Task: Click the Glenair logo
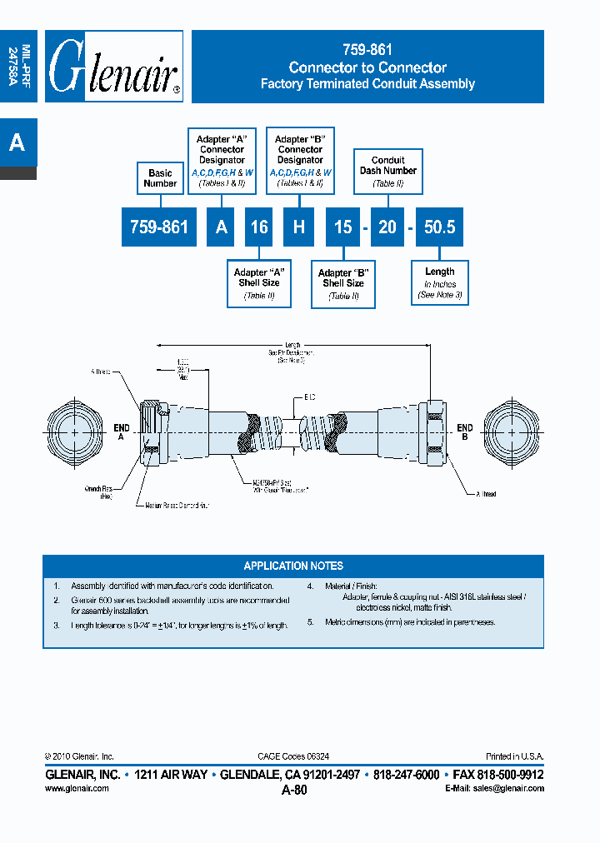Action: pos(114,67)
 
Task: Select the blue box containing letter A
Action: pos(221,227)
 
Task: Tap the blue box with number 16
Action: pos(260,227)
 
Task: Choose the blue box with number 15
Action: pos(343,227)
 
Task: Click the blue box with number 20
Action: pos(387,227)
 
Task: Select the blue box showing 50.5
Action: pos(439,227)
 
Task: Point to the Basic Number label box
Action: pos(160,178)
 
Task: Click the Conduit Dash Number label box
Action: pos(388,171)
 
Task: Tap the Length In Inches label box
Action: pos(440,283)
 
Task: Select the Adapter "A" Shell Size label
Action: pos(260,283)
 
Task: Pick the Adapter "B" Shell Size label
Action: pos(343,283)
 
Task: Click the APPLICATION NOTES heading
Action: pos(293,566)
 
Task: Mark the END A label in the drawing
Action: pos(122,431)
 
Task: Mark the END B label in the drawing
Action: pos(465,431)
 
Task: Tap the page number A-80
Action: pos(294,791)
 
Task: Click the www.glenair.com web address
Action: pos(77,788)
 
